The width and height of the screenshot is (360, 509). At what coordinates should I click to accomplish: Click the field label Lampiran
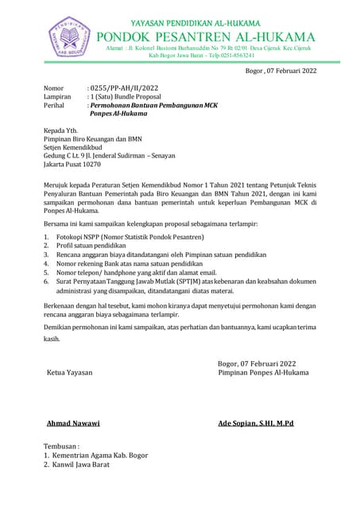[57, 96]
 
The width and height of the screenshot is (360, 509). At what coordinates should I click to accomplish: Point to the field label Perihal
[56, 105]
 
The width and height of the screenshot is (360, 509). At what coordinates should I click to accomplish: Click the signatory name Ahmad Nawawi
[73, 423]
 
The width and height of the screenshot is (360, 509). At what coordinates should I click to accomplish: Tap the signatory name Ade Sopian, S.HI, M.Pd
[256, 423]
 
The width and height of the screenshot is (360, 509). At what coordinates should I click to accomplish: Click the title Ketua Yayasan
[70, 372]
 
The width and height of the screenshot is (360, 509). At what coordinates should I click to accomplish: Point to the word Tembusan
[61, 446]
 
